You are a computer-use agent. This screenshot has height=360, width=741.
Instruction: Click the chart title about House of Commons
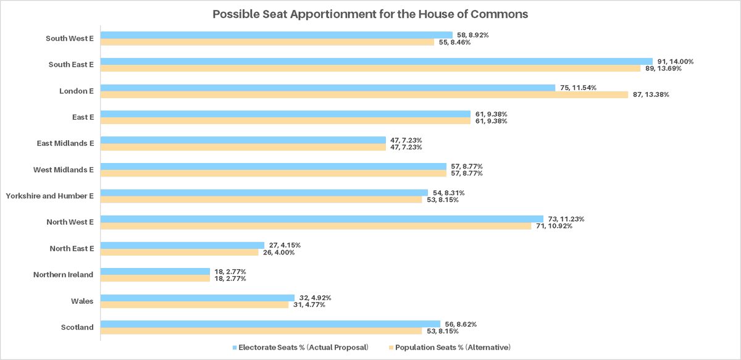coord(370,14)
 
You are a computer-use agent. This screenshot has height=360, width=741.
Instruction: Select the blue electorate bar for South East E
coord(376,61)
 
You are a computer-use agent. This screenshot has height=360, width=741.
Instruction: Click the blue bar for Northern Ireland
coord(155,271)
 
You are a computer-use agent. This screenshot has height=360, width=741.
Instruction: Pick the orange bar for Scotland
coord(261,331)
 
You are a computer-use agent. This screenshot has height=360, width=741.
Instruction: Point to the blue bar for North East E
coord(182,245)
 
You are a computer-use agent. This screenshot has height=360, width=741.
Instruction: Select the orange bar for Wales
coord(195,304)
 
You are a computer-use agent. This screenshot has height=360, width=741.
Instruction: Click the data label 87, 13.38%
coord(651,94)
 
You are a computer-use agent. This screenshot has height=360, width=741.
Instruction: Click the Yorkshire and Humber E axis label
coord(49,196)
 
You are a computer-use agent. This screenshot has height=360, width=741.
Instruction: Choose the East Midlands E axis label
coord(65,143)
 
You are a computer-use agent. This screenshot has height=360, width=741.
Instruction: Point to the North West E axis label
coord(70,222)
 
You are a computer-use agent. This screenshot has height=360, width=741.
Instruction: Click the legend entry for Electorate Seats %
coord(300,348)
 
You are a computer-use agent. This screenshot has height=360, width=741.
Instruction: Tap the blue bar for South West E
coord(276,35)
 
